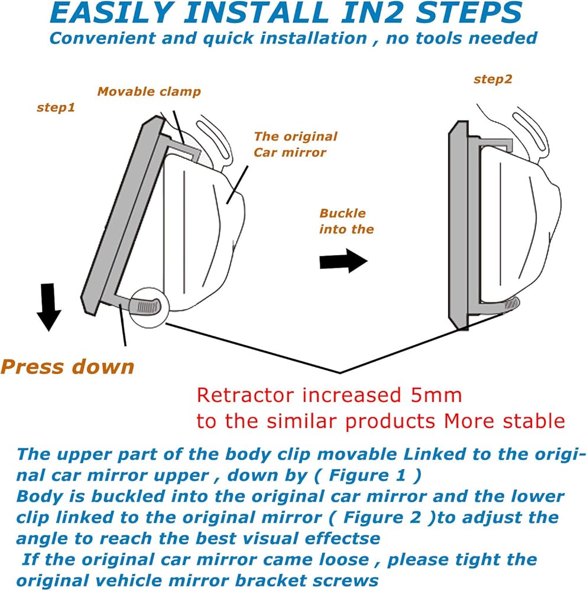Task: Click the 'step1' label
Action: coord(56,108)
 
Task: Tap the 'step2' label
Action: coord(492,79)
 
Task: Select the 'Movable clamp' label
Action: coord(149,92)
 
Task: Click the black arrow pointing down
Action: coord(48,306)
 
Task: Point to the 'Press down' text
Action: coord(67,366)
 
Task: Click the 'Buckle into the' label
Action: coord(346,221)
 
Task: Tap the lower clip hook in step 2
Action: coord(510,304)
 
